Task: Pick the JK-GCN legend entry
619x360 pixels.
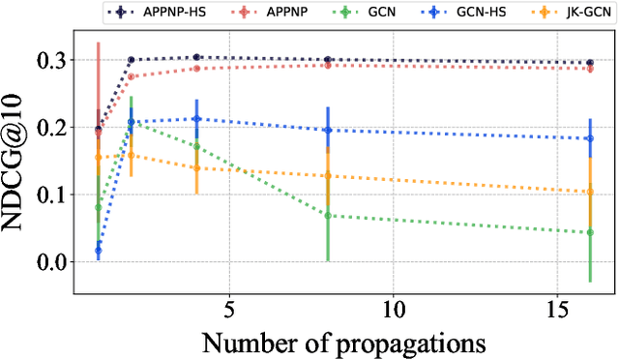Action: tap(575, 14)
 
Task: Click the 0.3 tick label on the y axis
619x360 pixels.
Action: tap(49, 60)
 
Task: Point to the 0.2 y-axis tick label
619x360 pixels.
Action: tap(49, 127)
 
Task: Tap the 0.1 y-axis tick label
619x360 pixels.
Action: tap(49, 195)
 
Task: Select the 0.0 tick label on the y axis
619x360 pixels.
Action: tap(49, 262)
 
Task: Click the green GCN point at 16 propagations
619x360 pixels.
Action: tap(589, 232)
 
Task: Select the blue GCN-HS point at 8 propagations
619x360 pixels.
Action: tap(327, 130)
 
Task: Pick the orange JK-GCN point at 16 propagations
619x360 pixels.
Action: tap(589, 192)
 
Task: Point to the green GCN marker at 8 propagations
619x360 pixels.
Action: tap(327, 215)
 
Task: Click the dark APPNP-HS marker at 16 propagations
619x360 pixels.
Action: tap(589, 63)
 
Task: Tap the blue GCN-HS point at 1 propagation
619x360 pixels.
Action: tap(98, 251)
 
